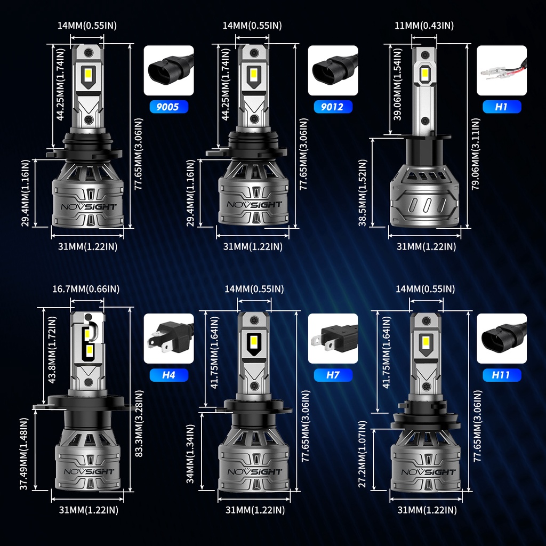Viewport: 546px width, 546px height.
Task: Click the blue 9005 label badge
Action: point(168,107)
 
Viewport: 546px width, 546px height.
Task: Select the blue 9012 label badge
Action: point(333,107)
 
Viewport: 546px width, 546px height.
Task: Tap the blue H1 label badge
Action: point(501,107)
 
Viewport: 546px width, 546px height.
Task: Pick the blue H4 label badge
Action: point(168,375)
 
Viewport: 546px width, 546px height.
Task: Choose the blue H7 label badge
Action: point(333,375)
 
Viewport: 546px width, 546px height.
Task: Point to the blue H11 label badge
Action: point(501,375)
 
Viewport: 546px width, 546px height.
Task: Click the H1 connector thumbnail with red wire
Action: point(501,70)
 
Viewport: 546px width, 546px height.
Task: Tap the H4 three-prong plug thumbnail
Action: point(168,339)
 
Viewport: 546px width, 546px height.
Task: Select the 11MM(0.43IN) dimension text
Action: point(424,26)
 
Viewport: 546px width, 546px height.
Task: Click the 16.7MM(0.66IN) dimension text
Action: point(86,289)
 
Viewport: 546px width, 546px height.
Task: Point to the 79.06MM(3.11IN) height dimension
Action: point(476,154)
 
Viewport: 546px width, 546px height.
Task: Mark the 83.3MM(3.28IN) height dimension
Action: point(139,423)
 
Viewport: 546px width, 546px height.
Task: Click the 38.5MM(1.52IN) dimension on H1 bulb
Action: point(363,193)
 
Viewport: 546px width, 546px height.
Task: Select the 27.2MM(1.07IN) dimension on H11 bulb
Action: point(363,454)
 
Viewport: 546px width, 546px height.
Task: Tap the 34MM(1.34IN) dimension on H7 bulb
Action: point(190,454)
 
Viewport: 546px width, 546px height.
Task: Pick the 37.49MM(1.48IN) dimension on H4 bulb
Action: point(23,454)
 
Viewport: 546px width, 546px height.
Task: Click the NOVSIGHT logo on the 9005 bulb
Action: point(89,207)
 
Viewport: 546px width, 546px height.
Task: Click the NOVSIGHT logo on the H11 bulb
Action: point(428,472)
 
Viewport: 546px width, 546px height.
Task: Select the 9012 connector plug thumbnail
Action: point(333,70)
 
